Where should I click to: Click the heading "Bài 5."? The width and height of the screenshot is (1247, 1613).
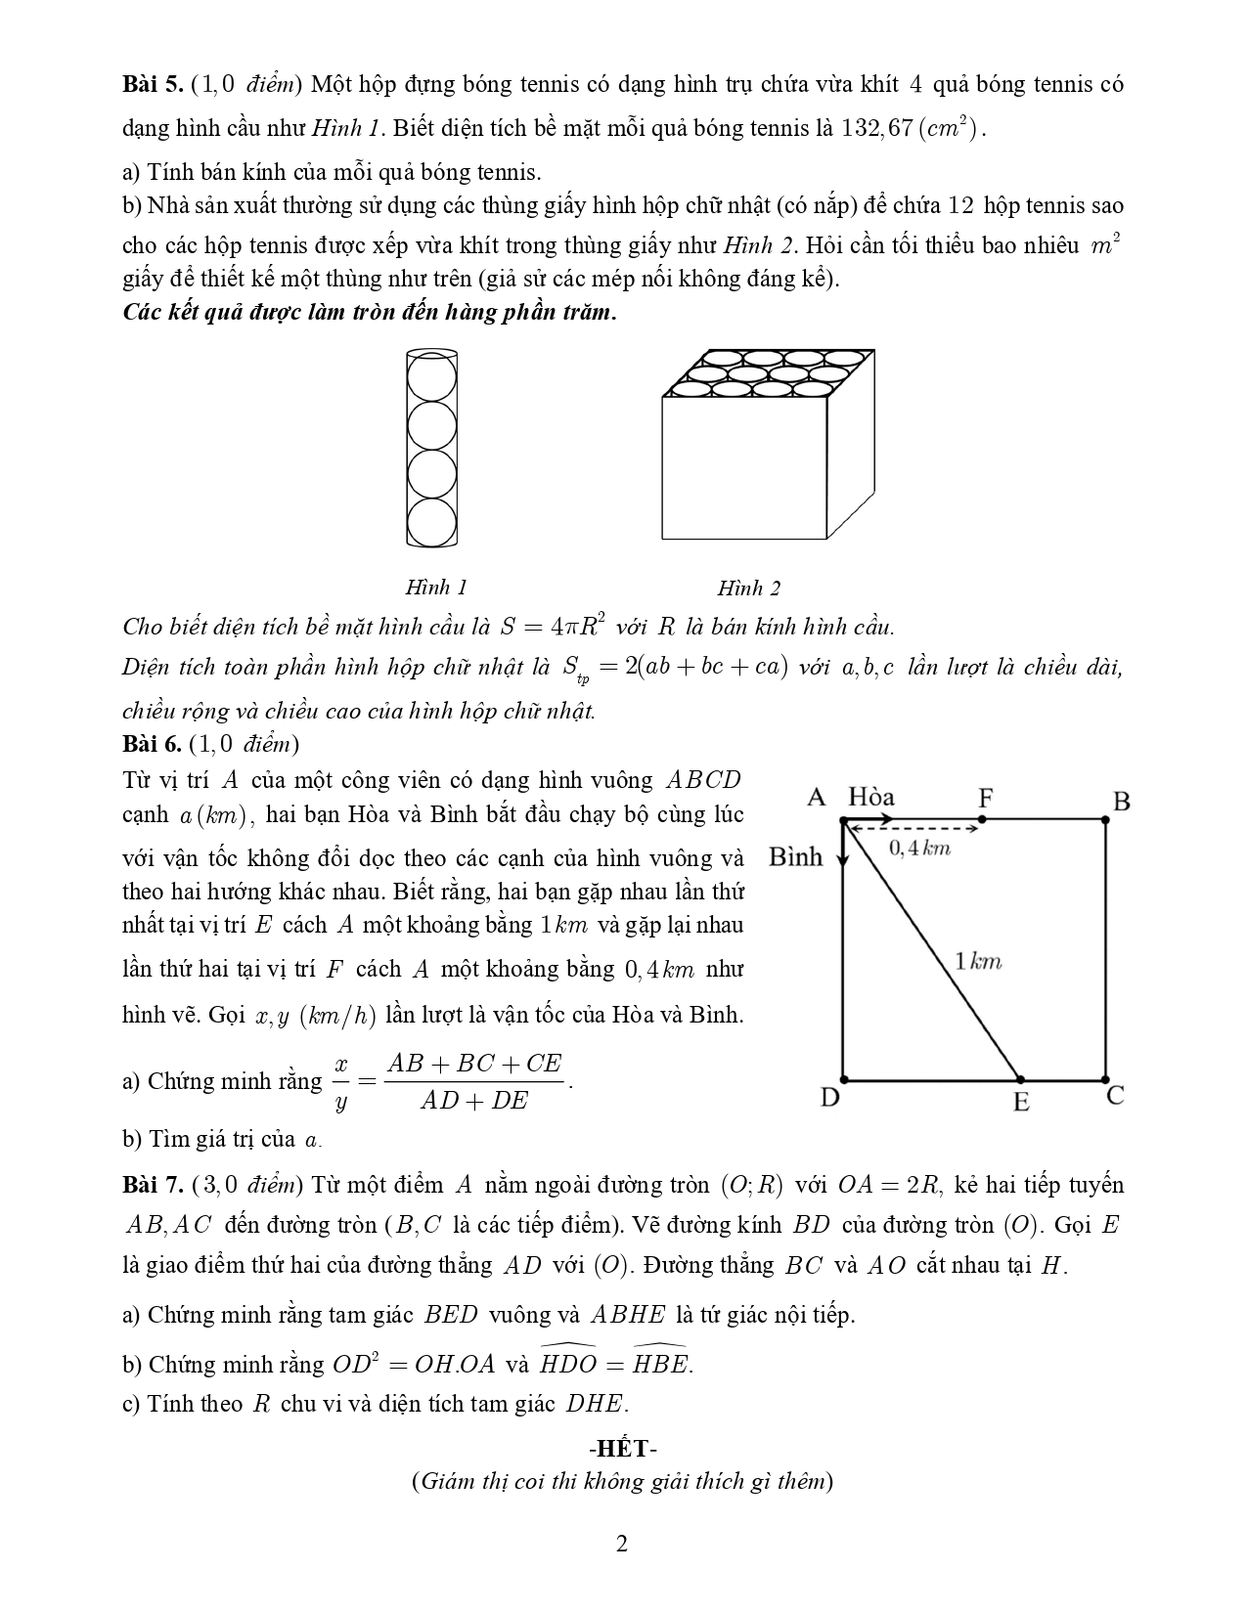(x=153, y=84)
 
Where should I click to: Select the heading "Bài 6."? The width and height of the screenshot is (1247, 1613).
(x=153, y=744)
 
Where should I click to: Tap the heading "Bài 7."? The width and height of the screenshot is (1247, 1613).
(x=153, y=1185)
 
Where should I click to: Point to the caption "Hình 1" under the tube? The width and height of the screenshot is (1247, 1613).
(x=436, y=587)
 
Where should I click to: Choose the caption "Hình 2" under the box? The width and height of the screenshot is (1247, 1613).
(x=749, y=588)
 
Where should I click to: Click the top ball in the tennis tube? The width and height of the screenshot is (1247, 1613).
(x=431, y=375)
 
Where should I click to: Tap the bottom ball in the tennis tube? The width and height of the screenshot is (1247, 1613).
(x=431, y=523)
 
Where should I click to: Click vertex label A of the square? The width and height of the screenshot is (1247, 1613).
(x=817, y=798)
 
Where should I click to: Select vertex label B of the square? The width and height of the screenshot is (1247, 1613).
(x=1122, y=802)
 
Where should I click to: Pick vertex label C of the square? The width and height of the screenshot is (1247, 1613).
(x=1115, y=1096)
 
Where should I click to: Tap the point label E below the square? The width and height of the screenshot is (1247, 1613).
(x=1021, y=1102)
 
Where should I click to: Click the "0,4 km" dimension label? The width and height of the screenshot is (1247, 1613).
(x=919, y=848)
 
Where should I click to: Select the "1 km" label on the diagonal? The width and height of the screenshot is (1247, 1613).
(x=978, y=962)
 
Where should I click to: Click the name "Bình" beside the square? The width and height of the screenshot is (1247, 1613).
(x=796, y=857)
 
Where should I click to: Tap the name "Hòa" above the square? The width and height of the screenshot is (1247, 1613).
(x=871, y=798)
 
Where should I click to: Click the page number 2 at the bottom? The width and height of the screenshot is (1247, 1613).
(x=622, y=1544)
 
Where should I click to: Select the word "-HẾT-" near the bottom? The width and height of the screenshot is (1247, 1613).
(x=622, y=1448)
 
